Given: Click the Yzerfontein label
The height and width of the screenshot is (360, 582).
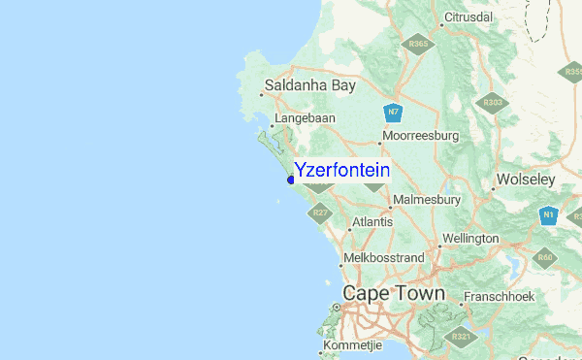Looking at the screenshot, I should (x=341, y=170).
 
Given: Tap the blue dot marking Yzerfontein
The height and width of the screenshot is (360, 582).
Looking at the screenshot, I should (x=291, y=179).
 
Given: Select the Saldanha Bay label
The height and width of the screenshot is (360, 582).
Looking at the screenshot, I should (x=310, y=85).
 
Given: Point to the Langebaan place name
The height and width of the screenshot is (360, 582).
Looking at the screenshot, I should (x=305, y=118).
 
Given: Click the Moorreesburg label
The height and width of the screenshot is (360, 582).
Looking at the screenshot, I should (x=420, y=137).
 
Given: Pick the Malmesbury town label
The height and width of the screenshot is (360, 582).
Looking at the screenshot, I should (x=426, y=200).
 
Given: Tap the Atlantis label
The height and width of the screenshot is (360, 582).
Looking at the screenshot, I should (x=372, y=222).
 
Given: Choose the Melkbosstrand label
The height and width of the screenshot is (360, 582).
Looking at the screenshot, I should (x=386, y=258).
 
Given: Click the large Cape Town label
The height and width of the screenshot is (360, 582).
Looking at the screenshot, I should (x=393, y=292).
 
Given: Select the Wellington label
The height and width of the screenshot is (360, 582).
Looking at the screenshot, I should (x=469, y=239).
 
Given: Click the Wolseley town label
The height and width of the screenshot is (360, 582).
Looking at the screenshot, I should (x=525, y=180).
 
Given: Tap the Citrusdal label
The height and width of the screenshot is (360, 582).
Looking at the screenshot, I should (x=469, y=17).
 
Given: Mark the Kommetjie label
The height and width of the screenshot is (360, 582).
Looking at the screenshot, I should (x=353, y=345).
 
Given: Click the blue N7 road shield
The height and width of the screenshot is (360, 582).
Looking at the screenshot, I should (x=393, y=113).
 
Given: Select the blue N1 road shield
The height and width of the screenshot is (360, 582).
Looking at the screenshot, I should (x=549, y=215).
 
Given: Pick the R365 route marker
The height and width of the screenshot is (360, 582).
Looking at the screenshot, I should (x=419, y=45).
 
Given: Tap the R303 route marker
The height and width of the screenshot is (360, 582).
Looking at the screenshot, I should (x=493, y=103).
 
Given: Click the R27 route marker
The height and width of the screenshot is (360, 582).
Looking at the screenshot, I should (x=321, y=212).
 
